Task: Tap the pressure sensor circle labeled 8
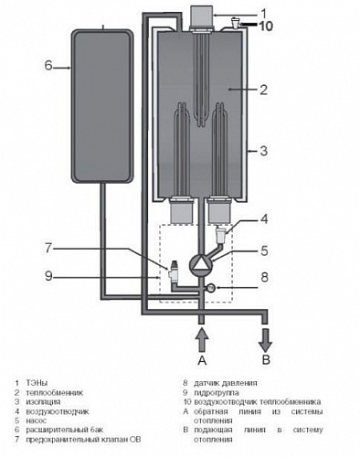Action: click(211, 289)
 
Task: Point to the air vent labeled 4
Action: click(222, 239)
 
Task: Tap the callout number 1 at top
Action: click(263, 13)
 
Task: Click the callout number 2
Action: click(264, 89)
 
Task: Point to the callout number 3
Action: click(264, 151)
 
